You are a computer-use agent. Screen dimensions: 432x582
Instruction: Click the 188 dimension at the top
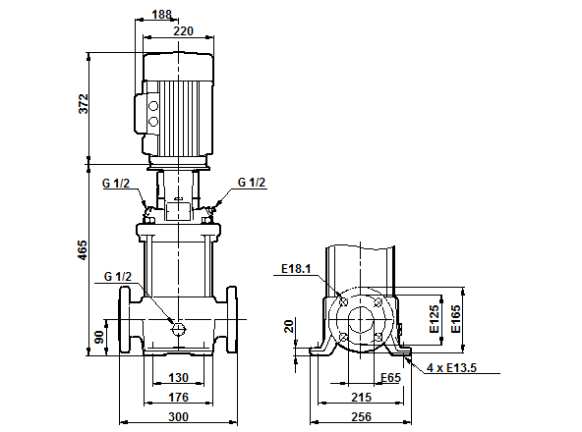[x=161, y=15]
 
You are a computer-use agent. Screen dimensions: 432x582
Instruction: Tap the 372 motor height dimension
[x=84, y=104]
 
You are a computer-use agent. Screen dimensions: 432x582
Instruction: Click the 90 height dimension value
[x=98, y=337]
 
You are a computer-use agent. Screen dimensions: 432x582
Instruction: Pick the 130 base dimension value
[x=178, y=378]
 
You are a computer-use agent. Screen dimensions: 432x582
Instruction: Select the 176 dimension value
[x=178, y=397]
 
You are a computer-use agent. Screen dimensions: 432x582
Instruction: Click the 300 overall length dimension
[x=178, y=416]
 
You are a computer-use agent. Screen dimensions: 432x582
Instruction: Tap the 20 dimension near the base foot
[x=288, y=327]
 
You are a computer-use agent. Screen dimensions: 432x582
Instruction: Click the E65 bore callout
[x=391, y=376]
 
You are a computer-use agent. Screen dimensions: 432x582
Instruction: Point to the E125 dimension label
[x=434, y=321]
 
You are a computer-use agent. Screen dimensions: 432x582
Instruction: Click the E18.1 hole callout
[x=295, y=267]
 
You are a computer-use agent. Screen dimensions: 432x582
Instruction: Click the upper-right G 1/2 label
[x=252, y=183]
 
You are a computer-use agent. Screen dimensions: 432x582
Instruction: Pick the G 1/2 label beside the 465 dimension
[x=117, y=276]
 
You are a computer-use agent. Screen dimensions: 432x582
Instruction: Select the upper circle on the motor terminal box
[x=152, y=105]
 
